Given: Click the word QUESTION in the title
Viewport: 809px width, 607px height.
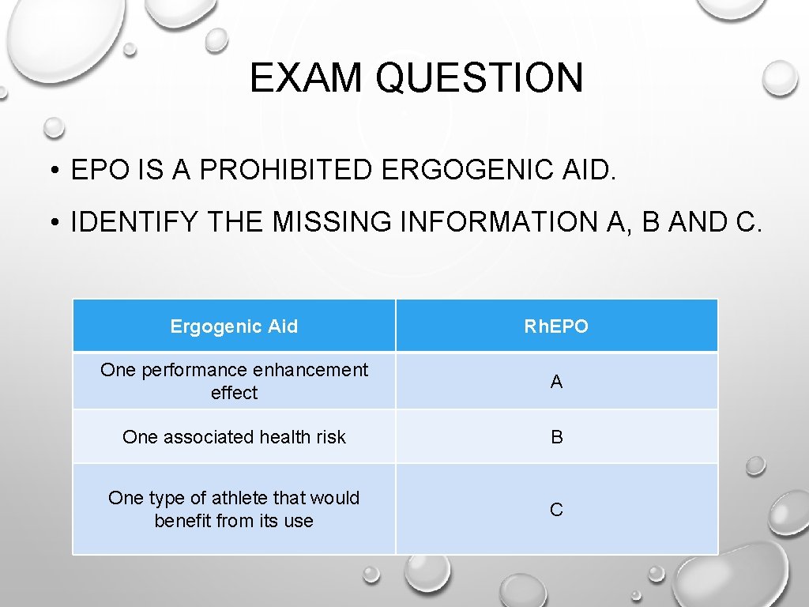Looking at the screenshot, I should [x=480, y=78].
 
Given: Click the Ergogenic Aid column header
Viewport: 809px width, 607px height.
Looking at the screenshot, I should [x=234, y=326].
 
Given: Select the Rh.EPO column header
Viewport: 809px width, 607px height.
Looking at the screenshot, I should [x=556, y=326].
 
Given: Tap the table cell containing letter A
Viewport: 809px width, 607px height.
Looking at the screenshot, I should [x=556, y=382].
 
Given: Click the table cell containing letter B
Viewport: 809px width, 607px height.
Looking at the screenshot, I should [x=556, y=437].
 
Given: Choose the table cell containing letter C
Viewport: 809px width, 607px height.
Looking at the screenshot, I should [x=556, y=510].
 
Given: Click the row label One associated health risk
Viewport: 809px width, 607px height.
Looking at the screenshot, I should [x=234, y=437].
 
